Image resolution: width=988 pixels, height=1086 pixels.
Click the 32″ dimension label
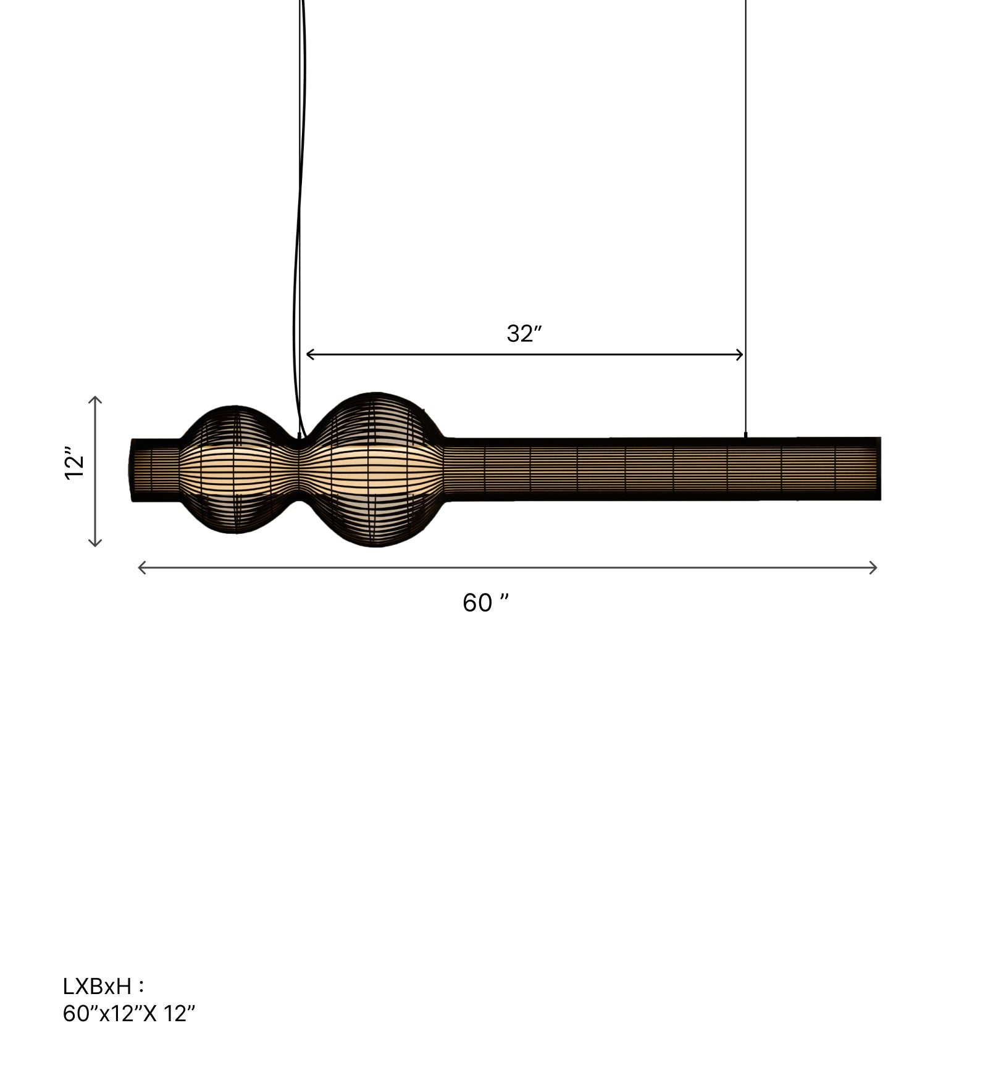click(x=524, y=334)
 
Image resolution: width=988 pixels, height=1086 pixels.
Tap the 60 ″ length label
click(x=486, y=602)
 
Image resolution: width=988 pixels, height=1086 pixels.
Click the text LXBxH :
click(x=104, y=986)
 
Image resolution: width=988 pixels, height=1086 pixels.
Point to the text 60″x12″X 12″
click(x=129, y=1013)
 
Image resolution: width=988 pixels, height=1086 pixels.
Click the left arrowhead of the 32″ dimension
click(x=311, y=354)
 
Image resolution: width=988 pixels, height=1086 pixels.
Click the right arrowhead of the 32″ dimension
click(x=739, y=354)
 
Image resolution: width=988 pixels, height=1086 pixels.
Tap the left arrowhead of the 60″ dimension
click(x=142, y=568)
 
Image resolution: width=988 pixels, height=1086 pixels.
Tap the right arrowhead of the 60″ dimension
click(x=873, y=568)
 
